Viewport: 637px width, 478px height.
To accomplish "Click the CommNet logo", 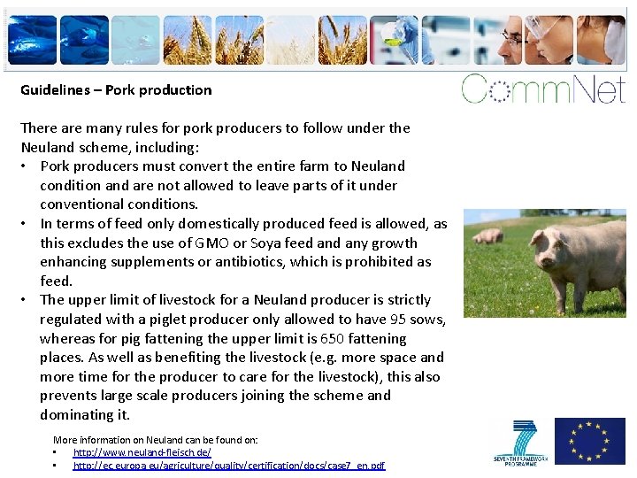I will click(x=543, y=89).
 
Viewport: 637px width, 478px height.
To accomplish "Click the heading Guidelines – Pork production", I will click(x=116, y=89).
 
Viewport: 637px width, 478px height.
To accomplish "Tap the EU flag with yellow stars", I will click(x=589, y=440).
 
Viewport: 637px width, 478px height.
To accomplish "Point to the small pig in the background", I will click(x=487, y=235).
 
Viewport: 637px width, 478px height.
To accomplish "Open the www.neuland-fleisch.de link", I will click(x=142, y=452).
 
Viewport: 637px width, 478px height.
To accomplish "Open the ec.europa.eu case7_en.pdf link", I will click(x=228, y=466).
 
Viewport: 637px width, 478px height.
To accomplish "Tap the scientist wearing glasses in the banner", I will click(x=513, y=39).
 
